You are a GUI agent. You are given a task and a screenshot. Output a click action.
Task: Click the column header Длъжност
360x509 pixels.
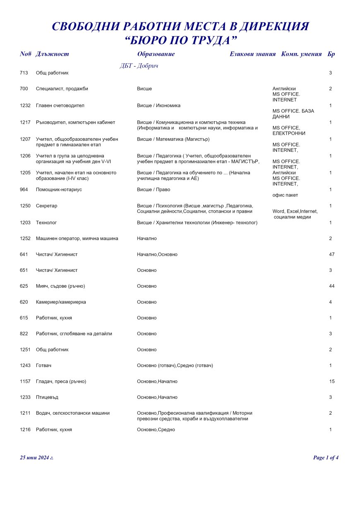coord(52,54)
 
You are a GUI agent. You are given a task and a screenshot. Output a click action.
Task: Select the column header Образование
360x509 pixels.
coord(156,54)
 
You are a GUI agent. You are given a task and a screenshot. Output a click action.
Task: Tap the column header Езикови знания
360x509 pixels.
coord(252,54)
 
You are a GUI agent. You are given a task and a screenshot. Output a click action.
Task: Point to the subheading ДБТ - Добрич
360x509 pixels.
coord(139,66)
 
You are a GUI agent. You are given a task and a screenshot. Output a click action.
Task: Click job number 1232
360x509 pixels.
coord(25,106)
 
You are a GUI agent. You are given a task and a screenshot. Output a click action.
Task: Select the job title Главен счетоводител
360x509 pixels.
coord(60,106)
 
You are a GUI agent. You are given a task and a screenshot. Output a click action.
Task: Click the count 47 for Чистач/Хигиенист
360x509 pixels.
coord(331,254)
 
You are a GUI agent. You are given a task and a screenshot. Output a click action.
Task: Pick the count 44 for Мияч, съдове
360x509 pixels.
coord(331,286)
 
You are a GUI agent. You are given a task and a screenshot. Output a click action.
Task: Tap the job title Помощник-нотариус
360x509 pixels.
coord(59,190)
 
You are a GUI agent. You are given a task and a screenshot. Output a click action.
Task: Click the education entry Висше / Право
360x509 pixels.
coord(154,190)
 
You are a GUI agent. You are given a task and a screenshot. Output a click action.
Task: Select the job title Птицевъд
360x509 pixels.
coord(47,397)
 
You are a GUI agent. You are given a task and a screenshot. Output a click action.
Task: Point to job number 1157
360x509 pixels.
coord(25,382)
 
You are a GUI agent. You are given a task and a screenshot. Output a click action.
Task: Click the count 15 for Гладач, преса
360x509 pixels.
coord(331,382)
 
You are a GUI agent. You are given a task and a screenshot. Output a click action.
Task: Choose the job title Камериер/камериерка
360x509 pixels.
coord(61,302)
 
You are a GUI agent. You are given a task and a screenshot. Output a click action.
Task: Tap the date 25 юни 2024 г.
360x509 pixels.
coord(36,458)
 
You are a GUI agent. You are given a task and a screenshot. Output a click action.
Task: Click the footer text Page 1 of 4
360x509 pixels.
coord(326,458)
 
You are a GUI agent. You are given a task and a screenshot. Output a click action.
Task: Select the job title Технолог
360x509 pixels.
coord(46,223)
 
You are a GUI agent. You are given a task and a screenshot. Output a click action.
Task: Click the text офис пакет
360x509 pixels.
coord(285,195)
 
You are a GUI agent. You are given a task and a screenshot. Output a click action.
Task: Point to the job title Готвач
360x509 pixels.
coord(43,365)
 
